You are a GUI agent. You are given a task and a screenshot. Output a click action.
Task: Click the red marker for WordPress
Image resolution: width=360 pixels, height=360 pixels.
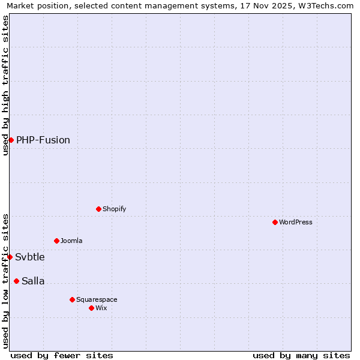coord(275,222)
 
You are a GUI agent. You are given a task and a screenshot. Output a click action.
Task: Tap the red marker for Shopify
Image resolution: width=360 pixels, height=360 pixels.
coord(98,209)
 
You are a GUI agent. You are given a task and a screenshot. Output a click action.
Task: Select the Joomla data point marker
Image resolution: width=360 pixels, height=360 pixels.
coord(56,241)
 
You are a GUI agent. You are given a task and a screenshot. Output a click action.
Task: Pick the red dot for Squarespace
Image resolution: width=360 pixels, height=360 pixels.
coord(72,299)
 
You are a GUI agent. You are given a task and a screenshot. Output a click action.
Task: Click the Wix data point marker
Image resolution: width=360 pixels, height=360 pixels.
coord(91,308)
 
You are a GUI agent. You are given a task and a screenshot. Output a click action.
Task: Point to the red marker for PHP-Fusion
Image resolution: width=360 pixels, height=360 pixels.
coord(11,140)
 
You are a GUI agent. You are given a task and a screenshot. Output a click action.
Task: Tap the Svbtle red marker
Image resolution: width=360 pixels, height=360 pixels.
coord(10,257)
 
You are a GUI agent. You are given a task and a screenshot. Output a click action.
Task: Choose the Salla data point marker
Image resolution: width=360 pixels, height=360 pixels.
coord(16,281)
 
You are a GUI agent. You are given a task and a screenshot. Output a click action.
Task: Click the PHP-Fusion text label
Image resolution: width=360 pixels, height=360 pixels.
coord(43,140)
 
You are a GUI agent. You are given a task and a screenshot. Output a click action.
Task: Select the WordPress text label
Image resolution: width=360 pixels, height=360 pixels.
coord(296,222)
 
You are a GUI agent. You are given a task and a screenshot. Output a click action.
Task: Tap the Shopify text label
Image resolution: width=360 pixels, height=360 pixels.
coord(114,209)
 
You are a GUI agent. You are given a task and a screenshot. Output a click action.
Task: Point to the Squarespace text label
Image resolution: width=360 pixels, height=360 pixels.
coord(97,299)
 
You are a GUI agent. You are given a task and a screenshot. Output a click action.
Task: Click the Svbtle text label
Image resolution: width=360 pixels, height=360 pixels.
coord(30,257)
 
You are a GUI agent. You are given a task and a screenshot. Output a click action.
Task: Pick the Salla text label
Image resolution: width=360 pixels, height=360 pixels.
coord(33,281)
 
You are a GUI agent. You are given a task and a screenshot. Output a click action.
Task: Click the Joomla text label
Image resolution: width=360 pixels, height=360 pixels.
coord(71,241)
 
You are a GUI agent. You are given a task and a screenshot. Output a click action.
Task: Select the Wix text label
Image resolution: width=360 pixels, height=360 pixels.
coord(101,308)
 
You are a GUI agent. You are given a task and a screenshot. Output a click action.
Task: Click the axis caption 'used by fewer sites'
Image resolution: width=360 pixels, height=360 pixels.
coord(62,355)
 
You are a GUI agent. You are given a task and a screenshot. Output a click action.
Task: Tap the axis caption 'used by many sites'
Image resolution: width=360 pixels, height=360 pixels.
coord(301,355)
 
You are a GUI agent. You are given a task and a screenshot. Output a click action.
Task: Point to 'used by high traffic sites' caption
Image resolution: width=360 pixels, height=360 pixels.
coord(5,85)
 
